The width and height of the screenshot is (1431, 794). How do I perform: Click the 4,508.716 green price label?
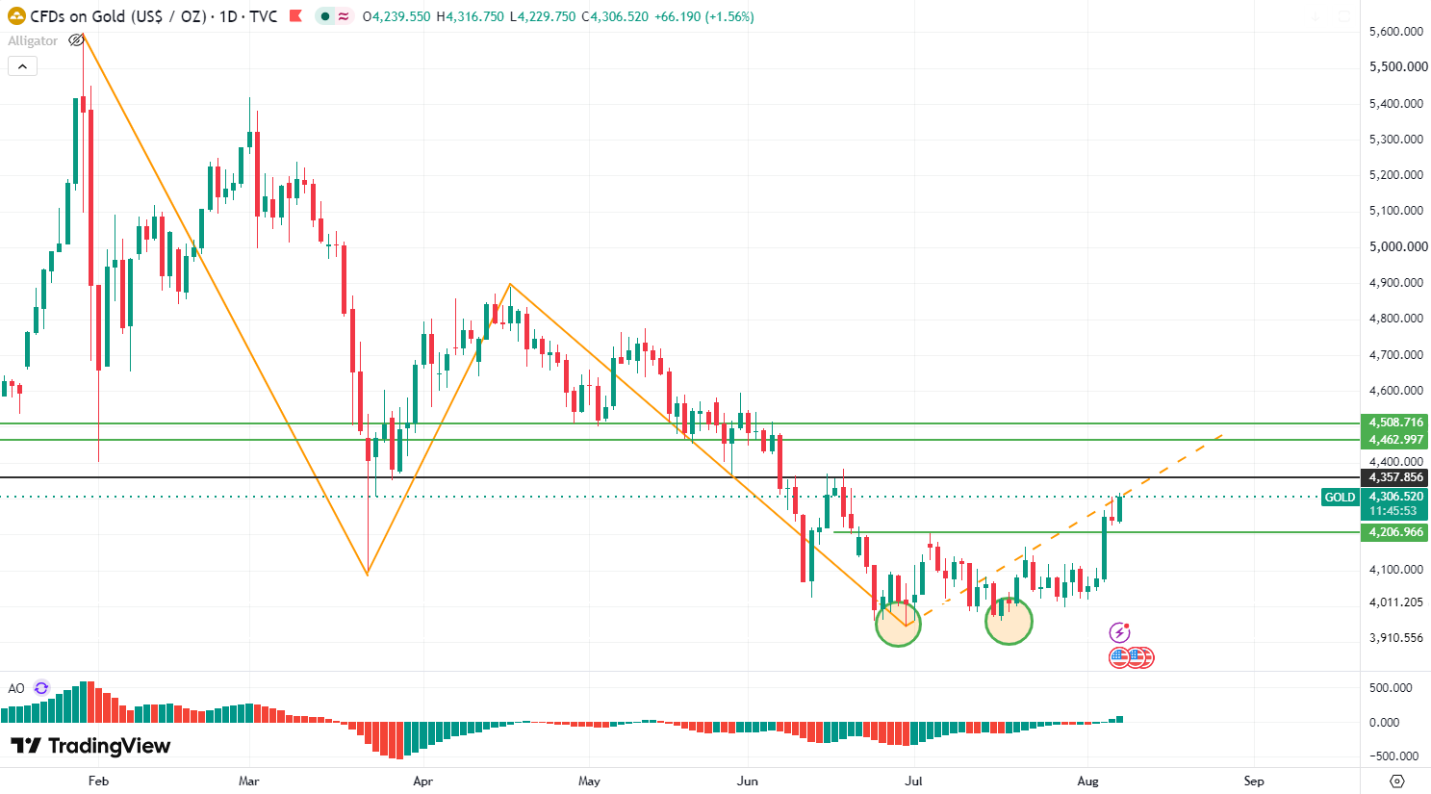[x=1394, y=423]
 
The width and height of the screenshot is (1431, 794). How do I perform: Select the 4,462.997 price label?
[x=1394, y=440]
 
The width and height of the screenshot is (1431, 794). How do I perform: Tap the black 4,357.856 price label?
[x=1394, y=477]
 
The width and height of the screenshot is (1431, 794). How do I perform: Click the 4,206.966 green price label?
[x=1394, y=532]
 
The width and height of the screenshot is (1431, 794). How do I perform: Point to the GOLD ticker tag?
[x=1340, y=497]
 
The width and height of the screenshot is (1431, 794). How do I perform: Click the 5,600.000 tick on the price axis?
[x=1395, y=32]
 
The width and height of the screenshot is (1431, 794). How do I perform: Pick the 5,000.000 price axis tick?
[x=1398, y=246]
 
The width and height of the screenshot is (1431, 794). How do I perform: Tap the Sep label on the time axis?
[x=1253, y=781]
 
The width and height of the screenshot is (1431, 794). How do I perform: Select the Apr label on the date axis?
[x=422, y=781]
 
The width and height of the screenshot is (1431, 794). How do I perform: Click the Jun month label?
[x=747, y=781]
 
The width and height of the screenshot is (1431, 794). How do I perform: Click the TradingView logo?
[x=90, y=746]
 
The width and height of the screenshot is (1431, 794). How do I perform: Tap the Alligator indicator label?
[x=33, y=40]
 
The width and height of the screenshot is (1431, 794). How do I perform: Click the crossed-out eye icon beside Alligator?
[x=76, y=40]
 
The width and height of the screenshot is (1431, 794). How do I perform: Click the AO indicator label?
[x=16, y=688]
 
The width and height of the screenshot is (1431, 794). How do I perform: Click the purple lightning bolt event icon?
[x=1119, y=632]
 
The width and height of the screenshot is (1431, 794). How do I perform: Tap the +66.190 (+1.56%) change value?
[x=704, y=16]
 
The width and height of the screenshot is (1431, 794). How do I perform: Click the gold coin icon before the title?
[x=16, y=16]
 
